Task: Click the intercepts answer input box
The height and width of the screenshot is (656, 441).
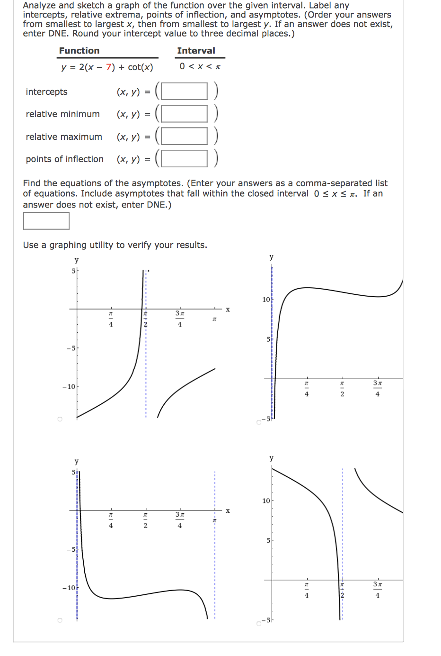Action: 184,91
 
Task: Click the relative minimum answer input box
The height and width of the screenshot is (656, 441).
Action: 184,114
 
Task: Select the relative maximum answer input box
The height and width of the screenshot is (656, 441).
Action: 184,136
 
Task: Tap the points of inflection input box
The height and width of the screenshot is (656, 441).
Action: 184,159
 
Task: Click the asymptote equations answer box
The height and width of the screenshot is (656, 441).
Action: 46,221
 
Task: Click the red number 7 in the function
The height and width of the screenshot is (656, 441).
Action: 109,67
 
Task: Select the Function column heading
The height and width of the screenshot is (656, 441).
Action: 79,51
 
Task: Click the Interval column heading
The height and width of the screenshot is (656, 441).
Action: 196,51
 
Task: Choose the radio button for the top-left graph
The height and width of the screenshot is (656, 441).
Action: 60,419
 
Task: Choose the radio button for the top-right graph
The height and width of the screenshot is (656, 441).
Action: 258,422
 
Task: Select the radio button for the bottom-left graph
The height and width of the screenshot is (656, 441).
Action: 60,620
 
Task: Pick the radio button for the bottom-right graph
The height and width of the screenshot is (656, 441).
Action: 258,623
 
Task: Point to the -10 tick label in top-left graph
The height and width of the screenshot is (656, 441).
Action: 69,387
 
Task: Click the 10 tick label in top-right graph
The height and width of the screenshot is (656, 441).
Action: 266,300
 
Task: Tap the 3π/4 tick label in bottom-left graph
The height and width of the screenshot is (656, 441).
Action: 180,519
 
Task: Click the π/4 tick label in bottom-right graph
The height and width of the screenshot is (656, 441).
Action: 307,590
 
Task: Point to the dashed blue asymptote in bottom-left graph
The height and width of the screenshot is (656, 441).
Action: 215,569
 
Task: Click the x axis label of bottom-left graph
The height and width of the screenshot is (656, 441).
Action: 228,511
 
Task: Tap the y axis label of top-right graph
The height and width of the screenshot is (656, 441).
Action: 271,257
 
